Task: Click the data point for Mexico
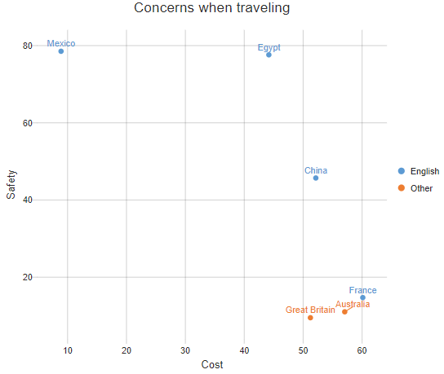(x=61, y=51)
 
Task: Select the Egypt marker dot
(x=269, y=55)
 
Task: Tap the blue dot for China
(x=316, y=178)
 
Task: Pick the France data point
(x=362, y=297)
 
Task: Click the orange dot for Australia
(x=344, y=312)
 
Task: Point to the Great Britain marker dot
(x=310, y=318)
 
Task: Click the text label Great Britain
(x=310, y=310)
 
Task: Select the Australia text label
(x=353, y=304)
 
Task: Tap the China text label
(x=316, y=170)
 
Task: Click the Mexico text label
(x=61, y=43)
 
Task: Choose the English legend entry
(x=419, y=171)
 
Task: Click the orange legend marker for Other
(x=402, y=188)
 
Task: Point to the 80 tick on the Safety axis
(x=28, y=46)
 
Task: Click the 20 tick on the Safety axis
(x=28, y=277)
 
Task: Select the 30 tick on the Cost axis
(x=185, y=350)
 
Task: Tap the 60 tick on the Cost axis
(x=362, y=350)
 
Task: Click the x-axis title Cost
(x=212, y=364)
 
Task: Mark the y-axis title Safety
(x=11, y=185)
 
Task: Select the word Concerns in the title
(x=164, y=7)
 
